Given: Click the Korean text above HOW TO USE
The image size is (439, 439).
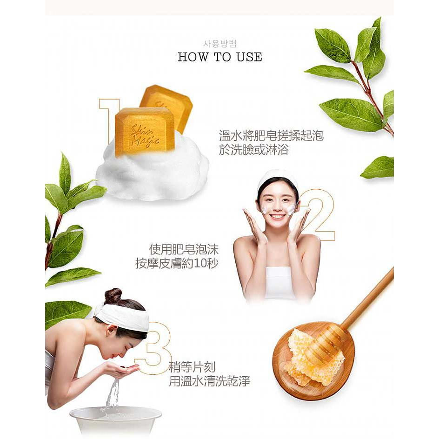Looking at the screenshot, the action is tap(220, 44).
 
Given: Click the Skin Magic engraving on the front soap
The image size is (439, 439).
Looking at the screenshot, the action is tap(145, 136).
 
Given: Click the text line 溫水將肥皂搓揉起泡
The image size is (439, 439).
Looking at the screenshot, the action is tap(271, 136).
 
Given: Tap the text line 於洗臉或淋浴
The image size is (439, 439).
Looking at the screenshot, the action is tap(254, 150).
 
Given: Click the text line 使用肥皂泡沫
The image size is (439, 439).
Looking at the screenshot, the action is tap(183, 249).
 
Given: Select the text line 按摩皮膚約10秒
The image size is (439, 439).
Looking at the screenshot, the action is tap(177, 264).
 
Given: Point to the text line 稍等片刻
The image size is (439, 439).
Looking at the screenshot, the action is tap(192, 367).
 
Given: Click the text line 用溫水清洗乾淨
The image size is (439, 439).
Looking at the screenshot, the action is tap(209, 381).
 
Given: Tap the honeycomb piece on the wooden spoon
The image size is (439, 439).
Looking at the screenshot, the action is tap(314, 356).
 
